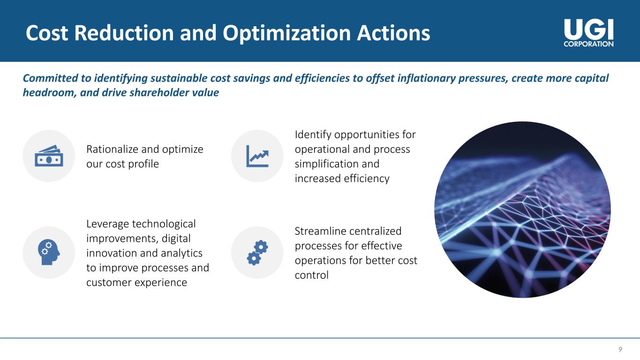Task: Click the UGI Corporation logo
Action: [x=588, y=33]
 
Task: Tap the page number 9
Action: [x=620, y=349]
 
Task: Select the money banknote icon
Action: [x=49, y=156]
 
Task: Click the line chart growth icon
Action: [x=257, y=156]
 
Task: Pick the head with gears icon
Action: [x=49, y=252]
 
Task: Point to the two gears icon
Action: [x=257, y=253]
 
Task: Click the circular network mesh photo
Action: [x=523, y=210]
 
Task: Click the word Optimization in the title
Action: [x=286, y=33]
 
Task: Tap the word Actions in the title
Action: [x=393, y=33]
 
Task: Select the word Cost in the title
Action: [x=47, y=33]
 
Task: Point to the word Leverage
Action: [x=107, y=224]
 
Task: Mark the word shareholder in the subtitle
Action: [x=158, y=92]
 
